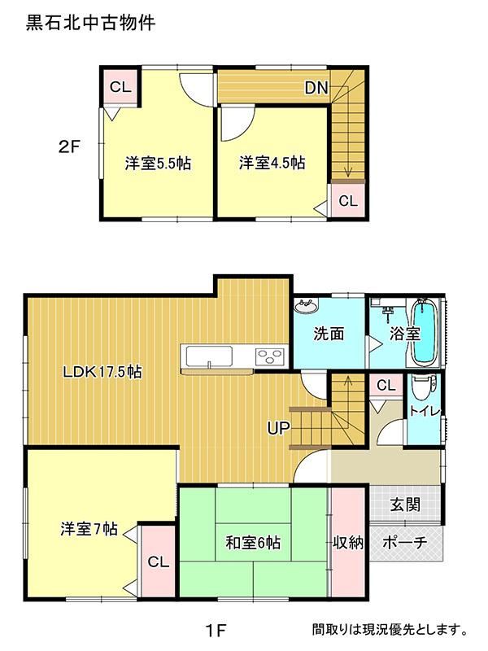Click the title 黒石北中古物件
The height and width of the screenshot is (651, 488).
(91, 23)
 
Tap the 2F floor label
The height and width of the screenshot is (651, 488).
(68, 146)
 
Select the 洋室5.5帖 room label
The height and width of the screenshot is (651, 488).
(158, 164)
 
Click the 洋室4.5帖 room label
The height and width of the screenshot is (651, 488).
(272, 162)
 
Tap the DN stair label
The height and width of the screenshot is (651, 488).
(316, 88)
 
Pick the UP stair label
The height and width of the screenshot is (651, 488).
(278, 428)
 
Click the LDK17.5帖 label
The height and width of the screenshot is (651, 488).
(102, 372)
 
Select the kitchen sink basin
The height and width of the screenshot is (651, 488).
(209, 356)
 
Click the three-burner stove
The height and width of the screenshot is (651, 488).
(270, 356)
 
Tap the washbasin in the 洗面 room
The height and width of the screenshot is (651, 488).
(306, 307)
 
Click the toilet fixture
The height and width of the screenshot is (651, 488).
(424, 385)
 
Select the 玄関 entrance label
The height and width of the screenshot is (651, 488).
(405, 505)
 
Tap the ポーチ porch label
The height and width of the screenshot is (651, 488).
(404, 542)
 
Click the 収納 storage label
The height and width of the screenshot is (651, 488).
(348, 542)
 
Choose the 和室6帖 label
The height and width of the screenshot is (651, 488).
(253, 543)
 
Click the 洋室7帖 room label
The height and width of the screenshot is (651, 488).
(89, 529)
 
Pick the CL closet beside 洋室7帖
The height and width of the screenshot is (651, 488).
(158, 561)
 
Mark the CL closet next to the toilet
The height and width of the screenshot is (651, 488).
(386, 386)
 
